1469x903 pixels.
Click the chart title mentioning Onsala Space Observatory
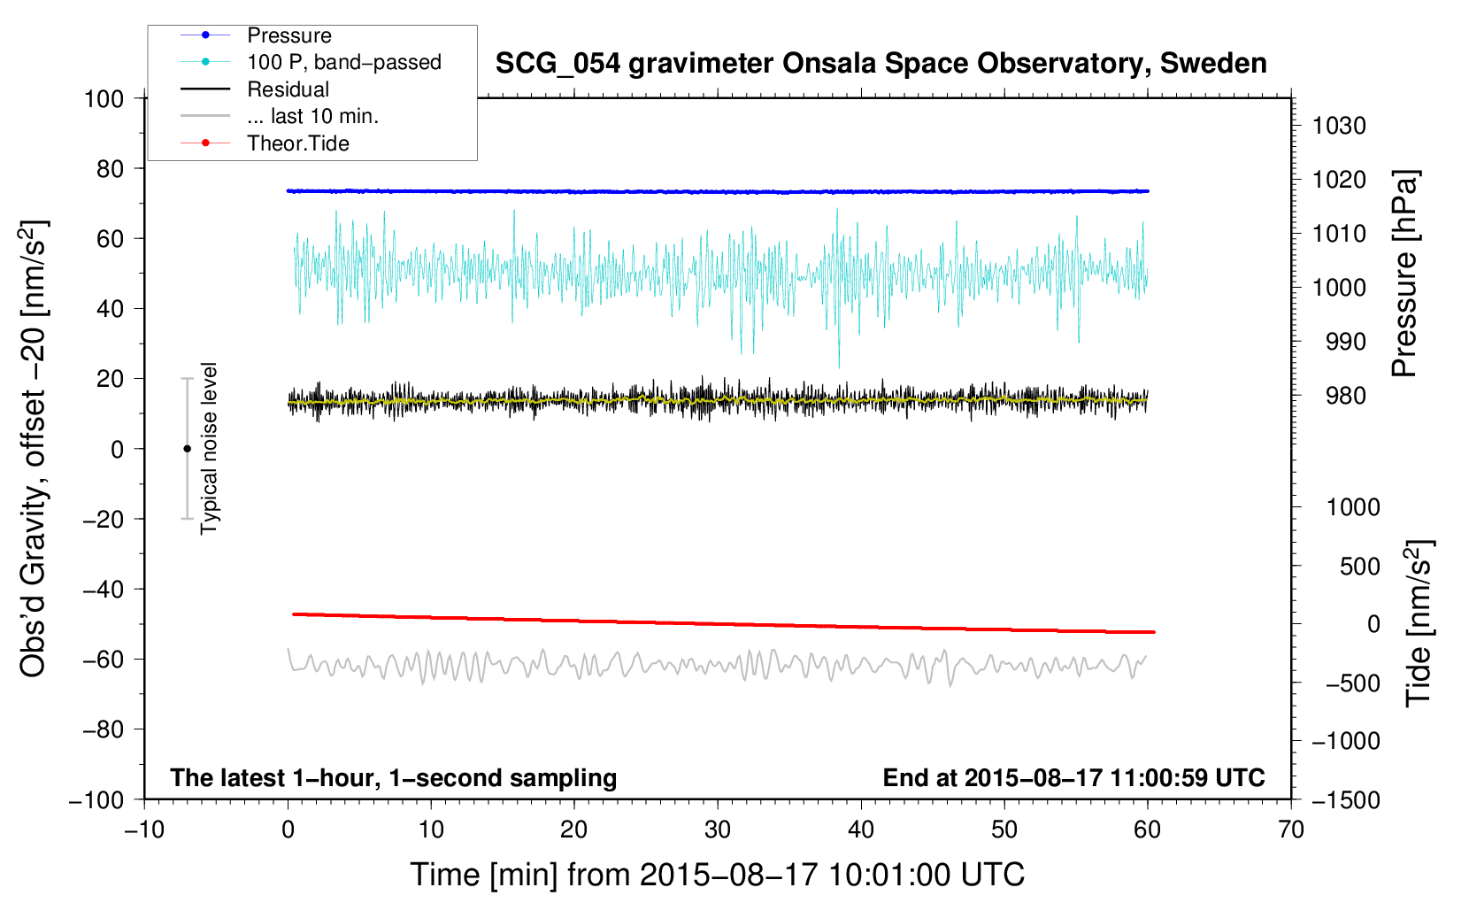pyautogui.click(x=881, y=64)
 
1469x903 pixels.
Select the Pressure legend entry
pyautogui.click(x=288, y=35)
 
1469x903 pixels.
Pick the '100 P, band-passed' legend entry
pyautogui.click(x=343, y=62)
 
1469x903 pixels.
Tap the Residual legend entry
pyautogui.click(x=288, y=89)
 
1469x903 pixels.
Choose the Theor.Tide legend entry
pyautogui.click(x=297, y=143)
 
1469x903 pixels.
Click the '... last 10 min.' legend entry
pyautogui.click(x=312, y=116)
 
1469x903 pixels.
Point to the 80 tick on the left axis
pyautogui.click(x=110, y=168)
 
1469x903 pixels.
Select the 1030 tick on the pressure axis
pyautogui.click(x=1338, y=126)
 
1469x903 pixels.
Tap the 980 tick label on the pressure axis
pyautogui.click(x=1338, y=396)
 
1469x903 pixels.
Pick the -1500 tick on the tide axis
pyautogui.click(x=1345, y=799)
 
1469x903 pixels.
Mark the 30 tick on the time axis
pyautogui.click(x=718, y=830)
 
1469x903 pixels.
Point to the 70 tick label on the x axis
pyautogui.click(x=1291, y=830)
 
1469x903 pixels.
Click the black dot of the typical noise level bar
pyautogui.click(x=187, y=449)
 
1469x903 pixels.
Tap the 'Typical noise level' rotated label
pyautogui.click(x=209, y=448)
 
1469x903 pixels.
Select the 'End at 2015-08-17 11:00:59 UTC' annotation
pyautogui.click(x=1073, y=777)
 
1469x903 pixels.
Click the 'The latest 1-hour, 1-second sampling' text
pyautogui.click(x=393, y=777)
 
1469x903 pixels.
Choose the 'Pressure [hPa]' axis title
pyautogui.click(x=1404, y=274)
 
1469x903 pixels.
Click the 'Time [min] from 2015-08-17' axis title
pyautogui.click(x=717, y=875)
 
